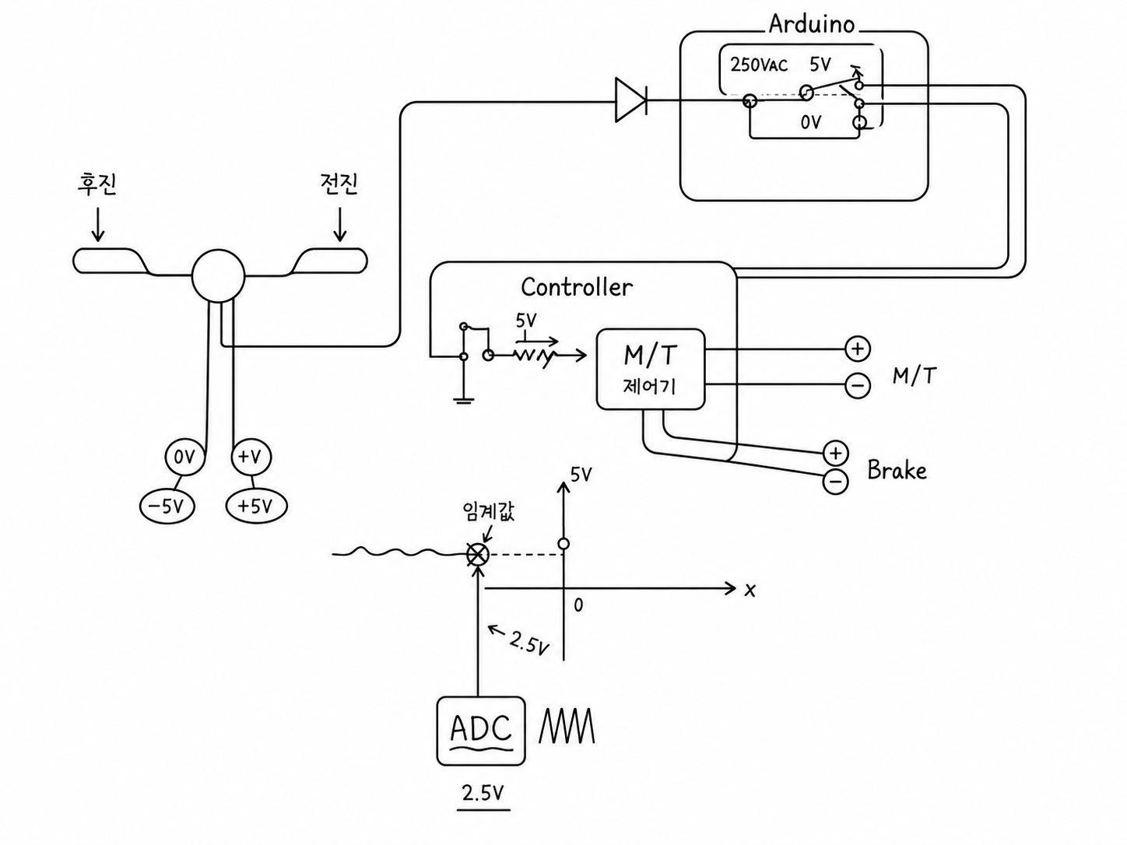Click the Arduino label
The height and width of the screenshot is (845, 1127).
811,24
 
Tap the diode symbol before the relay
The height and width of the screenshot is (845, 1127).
631,100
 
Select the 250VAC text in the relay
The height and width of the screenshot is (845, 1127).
759,65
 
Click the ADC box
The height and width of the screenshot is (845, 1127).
481,731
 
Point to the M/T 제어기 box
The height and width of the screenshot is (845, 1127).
650,370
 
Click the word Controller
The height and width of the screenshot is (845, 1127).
577,287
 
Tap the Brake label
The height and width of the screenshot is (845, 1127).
897,471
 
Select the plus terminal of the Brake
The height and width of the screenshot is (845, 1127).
835,453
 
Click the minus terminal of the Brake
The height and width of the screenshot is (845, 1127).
835,482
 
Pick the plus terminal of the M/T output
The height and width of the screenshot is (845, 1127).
858,349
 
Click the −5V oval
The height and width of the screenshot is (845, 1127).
167,507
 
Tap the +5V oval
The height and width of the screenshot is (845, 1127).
257,507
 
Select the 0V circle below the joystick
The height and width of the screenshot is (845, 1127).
184,457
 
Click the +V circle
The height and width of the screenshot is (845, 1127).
251,457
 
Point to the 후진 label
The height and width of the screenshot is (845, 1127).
97,184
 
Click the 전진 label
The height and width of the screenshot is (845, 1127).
339,183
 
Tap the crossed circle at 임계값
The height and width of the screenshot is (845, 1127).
478,555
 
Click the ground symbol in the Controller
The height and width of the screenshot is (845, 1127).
464,399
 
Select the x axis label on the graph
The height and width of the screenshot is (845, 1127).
750,591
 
